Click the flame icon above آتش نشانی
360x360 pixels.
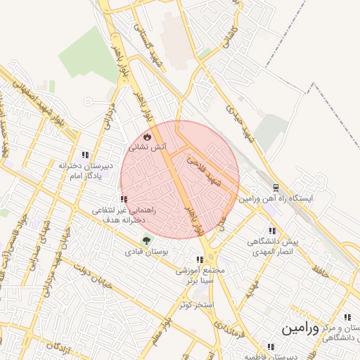coord(146,136)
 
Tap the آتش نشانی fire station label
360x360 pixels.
coord(148,148)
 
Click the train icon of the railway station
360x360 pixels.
coord(276,188)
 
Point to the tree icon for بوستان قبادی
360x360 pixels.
coord(146,240)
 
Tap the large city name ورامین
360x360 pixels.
coord(300,328)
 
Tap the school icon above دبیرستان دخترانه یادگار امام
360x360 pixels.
coord(85,155)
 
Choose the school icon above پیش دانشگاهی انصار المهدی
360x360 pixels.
coord(272,231)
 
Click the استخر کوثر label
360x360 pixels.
coord(196,304)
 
